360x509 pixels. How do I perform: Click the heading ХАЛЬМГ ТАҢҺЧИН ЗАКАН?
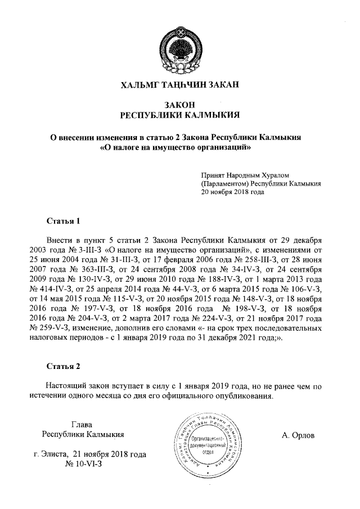pos(181,85)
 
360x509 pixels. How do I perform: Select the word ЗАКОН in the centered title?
pos(181,105)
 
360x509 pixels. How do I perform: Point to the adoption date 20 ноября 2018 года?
pos(232,191)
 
